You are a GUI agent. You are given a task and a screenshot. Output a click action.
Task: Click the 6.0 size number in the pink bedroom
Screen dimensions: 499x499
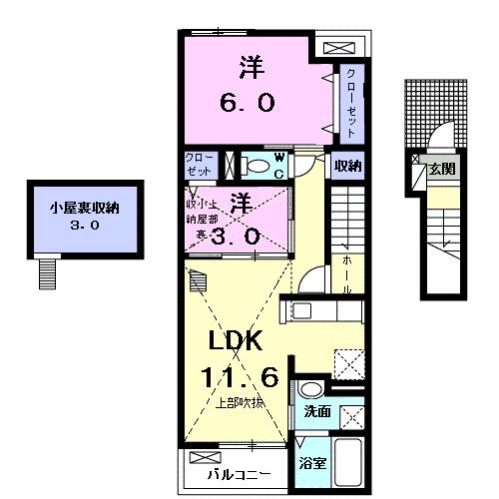[x=249, y=102]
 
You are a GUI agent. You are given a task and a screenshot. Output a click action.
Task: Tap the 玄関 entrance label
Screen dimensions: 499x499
[x=442, y=170]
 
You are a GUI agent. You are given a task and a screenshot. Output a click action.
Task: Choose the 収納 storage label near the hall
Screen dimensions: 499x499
[x=347, y=166]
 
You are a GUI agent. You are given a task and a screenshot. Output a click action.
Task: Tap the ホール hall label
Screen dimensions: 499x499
[x=346, y=269]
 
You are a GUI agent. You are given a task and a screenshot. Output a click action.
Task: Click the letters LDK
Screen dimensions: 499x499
[x=235, y=341]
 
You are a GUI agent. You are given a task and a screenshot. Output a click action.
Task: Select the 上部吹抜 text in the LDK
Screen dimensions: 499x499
[x=240, y=403]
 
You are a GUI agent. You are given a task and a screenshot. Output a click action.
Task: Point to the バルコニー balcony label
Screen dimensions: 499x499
[x=240, y=474]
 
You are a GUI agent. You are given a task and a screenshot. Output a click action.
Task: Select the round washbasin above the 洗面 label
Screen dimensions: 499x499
[x=310, y=389]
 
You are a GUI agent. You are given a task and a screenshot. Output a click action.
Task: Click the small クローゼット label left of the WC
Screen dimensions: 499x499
[x=198, y=166]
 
